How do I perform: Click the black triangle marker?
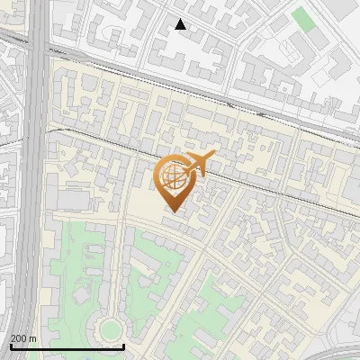(x=180, y=24)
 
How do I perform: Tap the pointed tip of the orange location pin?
(x=172, y=211)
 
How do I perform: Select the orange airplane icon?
(x=200, y=163)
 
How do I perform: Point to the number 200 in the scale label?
(x=20, y=338)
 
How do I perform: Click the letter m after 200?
(x=33, y=338)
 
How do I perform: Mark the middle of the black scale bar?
(x=67, y=346)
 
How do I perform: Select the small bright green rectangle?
(x=302, y=19)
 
